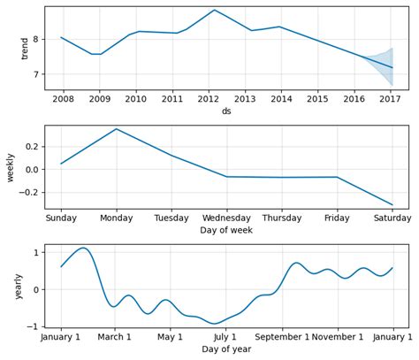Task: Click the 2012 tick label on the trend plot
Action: click(x=209, y=99)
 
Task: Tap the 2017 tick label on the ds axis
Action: click(x=391, y=99)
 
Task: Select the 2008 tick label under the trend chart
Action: click(x=62, y=99)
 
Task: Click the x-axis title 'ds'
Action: click(x=226, y=111)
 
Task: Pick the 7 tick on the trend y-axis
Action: click(x=35, y=74)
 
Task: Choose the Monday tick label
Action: click(x=117, y=218)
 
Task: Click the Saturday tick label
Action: click(x=391, y=218)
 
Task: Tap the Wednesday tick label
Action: click(x=226, y=218)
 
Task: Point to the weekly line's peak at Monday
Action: click(x=117, y=129)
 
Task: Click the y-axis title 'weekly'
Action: click(x=11, y=167)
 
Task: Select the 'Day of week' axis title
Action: click(x=226, y=230)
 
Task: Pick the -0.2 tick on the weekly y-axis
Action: click(x=30, y=193)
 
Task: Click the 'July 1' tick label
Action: click(x=226, y=337)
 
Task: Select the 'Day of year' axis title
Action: click(x=226, y=349)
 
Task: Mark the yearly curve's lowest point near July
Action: click(x=215, y=324)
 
